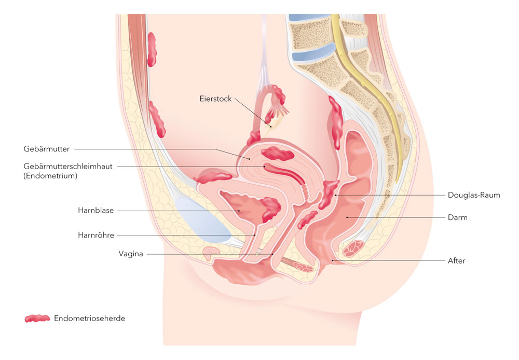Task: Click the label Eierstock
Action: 215,99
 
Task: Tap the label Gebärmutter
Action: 46,149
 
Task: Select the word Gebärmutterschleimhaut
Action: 67,167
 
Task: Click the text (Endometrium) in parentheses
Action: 50,176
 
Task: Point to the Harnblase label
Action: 95,211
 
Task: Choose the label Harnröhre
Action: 95,235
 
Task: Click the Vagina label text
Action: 130,254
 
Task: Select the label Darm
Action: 458,217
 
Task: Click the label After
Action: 457,260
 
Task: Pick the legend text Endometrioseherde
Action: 89,319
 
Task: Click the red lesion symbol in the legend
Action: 37,319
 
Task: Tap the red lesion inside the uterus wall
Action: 278,154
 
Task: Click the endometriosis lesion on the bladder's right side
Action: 271,209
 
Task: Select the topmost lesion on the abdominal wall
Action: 152,49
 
